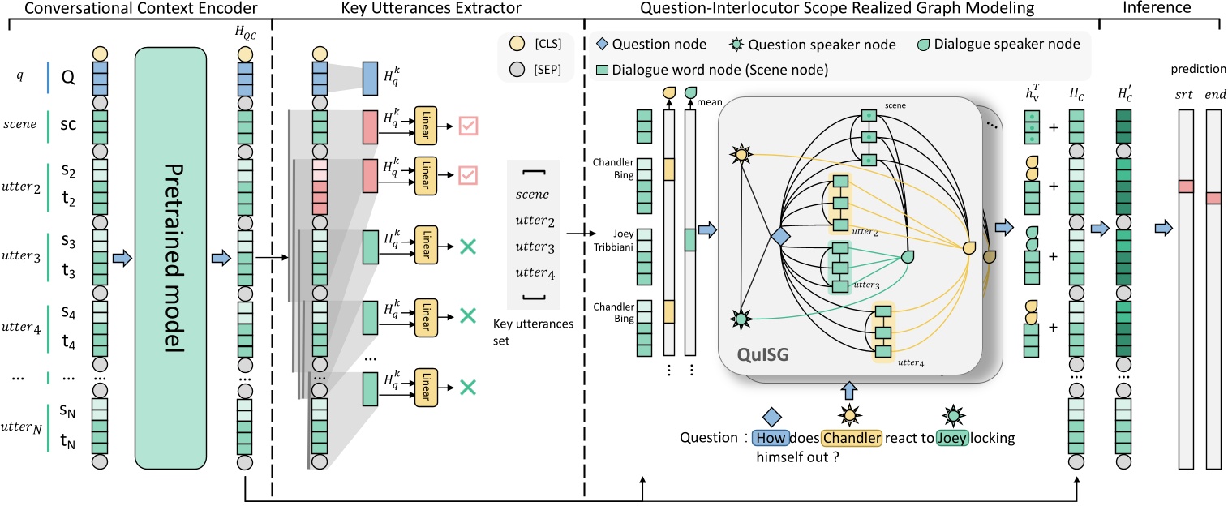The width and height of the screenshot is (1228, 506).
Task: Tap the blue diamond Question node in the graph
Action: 779,236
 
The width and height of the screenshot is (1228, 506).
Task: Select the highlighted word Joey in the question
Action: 953,438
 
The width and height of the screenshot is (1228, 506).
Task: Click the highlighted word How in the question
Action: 766,438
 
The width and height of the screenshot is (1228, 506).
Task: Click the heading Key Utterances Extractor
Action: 427,9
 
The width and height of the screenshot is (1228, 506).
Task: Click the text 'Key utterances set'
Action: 533,331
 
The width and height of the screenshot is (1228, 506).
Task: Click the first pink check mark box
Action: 470,126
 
